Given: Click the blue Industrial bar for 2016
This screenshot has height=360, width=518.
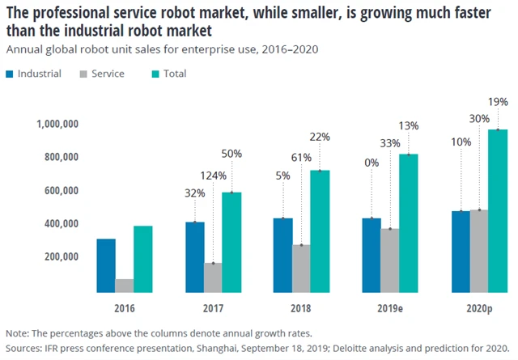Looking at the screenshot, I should [x=105, y=265].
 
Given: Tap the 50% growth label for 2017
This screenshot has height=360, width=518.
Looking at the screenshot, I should [x=232, y=154].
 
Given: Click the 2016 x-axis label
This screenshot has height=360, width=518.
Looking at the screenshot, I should [x=125, y=309].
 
